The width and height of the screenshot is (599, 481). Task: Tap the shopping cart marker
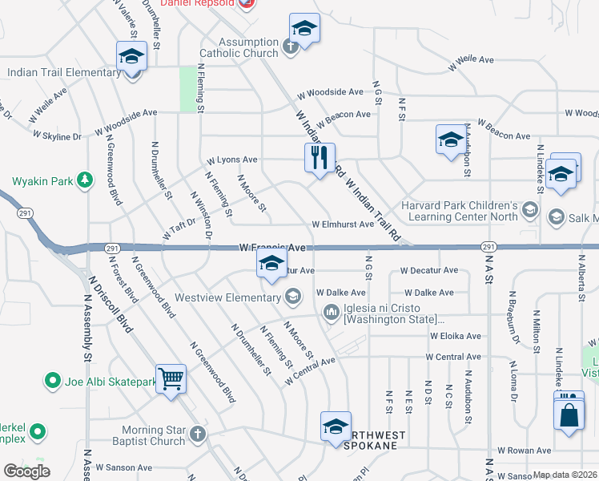[171, 378]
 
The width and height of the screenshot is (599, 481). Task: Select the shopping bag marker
[568, 415]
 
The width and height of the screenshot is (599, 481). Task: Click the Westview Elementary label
[233, 297]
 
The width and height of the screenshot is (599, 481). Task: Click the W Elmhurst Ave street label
[343, 224]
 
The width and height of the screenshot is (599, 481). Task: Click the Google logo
[26, 471]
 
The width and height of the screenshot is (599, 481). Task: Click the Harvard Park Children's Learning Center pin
[529, 210]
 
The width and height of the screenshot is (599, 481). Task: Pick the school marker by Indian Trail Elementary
[131, 58]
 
